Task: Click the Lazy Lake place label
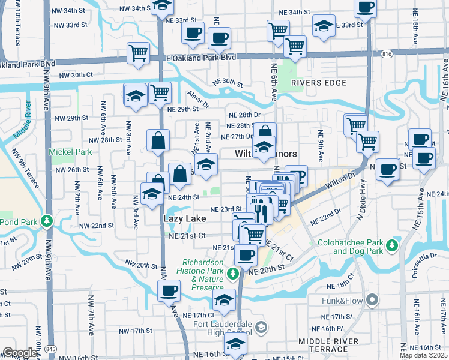(x=184, y=218)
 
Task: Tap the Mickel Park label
(x=71, y=152)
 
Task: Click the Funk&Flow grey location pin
(x=372, y=299)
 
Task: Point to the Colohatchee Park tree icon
(x=392, y=245)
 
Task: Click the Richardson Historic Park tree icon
(x=233, y=274)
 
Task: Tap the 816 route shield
(x=387, y=54)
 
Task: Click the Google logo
(x=20, y=353)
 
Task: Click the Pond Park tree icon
(x=46, y=221)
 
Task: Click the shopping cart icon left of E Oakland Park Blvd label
(x=138, y=53)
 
